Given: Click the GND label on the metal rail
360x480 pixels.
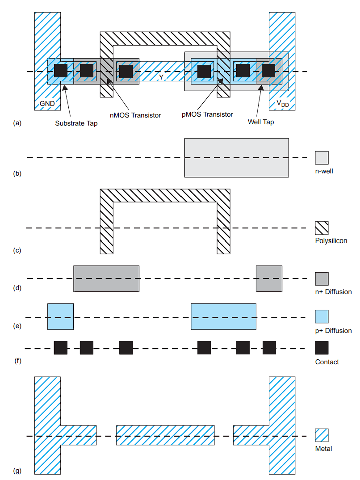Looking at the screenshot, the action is click(47, 104).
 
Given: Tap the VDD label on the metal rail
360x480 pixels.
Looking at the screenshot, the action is click(283, 104).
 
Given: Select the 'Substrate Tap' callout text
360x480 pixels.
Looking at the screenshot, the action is click(76, 123).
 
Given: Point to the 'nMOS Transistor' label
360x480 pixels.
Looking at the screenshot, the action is click(135, 115).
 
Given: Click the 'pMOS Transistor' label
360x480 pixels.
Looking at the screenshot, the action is click(207, 114).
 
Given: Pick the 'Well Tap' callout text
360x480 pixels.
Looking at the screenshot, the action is click(261, 122).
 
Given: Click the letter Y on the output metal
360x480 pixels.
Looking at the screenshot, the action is click(161, 77).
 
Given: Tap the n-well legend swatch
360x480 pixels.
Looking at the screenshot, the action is click(322, 158).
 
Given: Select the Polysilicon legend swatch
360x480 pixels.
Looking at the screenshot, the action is click(322, 228).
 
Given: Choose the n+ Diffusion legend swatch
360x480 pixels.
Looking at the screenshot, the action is click(322, 278).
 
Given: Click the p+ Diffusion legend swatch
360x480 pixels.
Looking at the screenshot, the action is click(322, 316).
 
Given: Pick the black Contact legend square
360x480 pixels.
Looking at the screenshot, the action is click(322, 348).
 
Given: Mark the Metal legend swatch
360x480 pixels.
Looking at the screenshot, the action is click(322, 435).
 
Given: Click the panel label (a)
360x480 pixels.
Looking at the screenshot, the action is click(17, 123).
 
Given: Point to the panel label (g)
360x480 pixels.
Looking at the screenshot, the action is click(17, 471).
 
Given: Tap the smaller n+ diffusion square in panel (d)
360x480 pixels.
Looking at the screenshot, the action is click(269, 278).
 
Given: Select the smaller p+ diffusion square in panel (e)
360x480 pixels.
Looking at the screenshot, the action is click(61, 316).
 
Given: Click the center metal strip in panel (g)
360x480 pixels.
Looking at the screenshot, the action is click(165, 435).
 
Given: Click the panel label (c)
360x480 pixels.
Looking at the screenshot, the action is click(17, 250).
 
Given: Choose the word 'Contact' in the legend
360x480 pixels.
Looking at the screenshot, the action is click(327, 362).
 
